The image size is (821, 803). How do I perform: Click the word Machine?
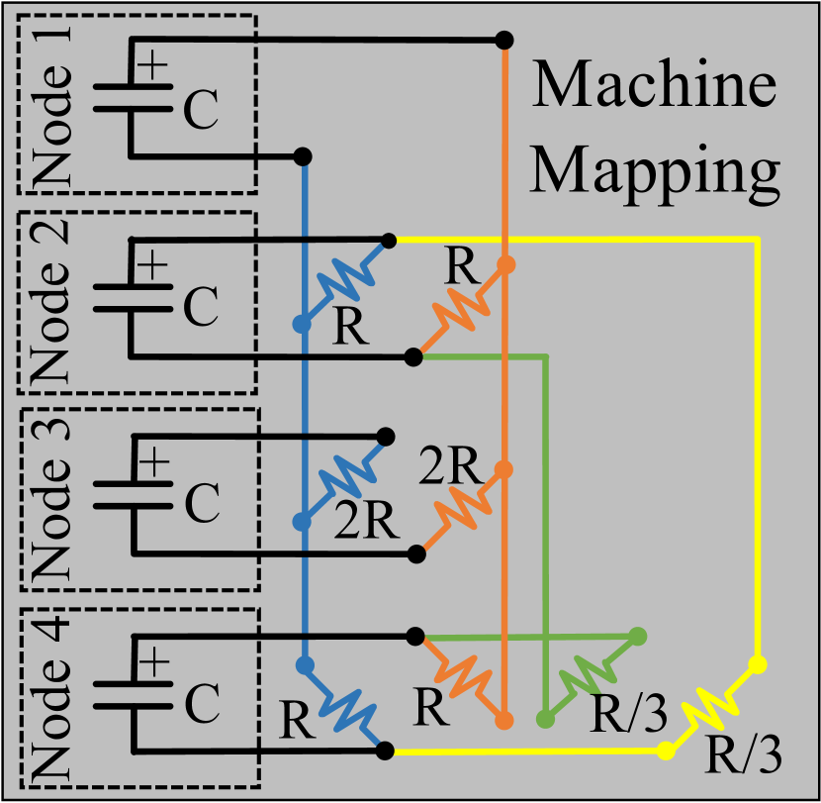(654, 88)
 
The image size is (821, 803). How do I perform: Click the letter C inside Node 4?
(201, 704)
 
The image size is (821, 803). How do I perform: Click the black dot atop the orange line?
(504, 41)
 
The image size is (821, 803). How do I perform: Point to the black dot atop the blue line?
(304, 156)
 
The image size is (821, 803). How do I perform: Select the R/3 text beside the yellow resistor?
(743, 758)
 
